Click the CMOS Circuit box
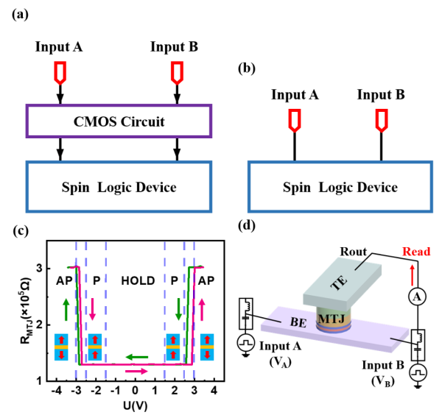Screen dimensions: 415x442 (x=119, y=121)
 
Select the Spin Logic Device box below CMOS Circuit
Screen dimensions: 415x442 (x=119, y=187)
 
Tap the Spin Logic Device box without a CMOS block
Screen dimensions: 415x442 (x=340, y=187)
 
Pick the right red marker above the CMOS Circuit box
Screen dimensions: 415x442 (x=177, y=72)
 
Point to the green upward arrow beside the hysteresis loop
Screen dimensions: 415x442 (x=66, y=310)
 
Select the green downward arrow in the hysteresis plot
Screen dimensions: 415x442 (x=178, y=310)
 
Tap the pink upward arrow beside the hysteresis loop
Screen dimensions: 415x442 (x=203, y=310)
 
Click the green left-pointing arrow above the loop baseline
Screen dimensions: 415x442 (x=137, y=357)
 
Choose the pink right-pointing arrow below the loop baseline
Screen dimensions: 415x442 (x=137, y=371)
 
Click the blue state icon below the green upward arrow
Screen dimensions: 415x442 (x=61, y=347)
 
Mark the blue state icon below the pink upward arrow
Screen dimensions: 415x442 (x=207, y=347)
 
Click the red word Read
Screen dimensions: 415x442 (x=416, y=252)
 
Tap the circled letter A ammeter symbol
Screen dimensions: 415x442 (x=418, y=297)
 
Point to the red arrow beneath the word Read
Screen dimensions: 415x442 (x=412, y=274)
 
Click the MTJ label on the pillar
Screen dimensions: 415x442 (x=331, y=319)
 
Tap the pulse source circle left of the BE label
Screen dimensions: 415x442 (x=246, y=342)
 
